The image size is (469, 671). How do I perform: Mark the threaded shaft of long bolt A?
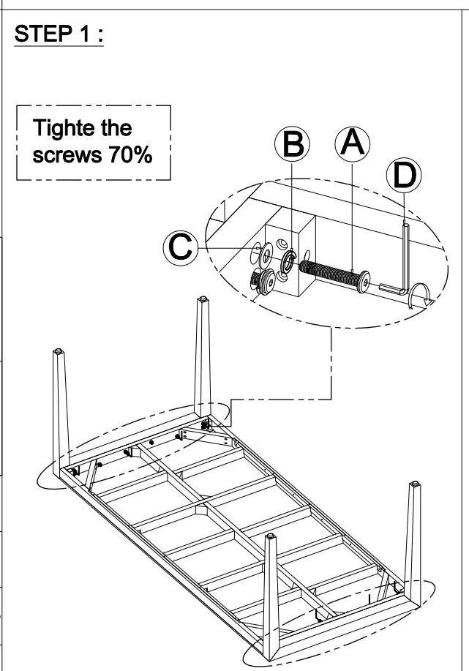pos(327,271)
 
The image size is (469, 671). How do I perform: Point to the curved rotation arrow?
pos(422,294)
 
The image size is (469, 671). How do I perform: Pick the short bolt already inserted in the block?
pos(263,280)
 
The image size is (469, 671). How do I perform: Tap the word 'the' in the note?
pos(116,130)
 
